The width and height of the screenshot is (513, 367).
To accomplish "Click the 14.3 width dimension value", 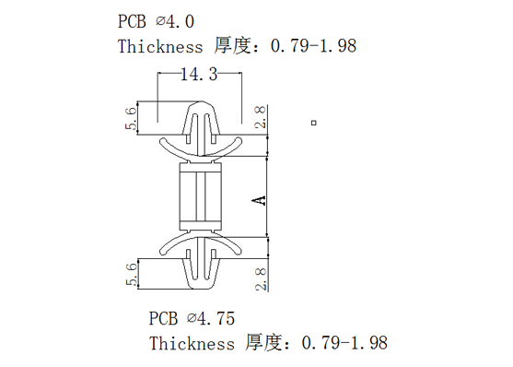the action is pos(199,74).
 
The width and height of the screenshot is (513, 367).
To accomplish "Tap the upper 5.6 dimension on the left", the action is pos(131,118).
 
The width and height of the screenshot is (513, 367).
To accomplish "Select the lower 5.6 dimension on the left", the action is pos(131,274).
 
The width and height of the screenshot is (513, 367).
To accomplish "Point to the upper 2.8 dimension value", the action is pos(261,116).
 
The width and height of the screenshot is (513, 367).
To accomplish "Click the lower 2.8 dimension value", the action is pos(261,278).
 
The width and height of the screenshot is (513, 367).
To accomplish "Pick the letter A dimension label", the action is pos(259,200).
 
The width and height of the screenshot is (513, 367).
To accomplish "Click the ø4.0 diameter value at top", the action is pos(175,21).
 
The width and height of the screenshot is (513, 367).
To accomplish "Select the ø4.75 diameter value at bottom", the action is pos(211,318).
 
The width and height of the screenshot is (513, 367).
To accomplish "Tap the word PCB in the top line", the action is pos(132,21).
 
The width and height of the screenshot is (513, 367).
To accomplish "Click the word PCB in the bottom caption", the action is pos(163,318).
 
